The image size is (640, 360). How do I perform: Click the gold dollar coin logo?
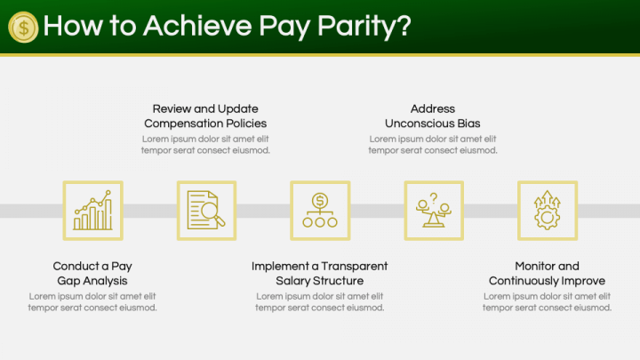coord(23,27)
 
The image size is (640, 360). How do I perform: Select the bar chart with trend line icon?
coord(92,211)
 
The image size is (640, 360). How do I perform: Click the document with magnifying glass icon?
coord(206,211)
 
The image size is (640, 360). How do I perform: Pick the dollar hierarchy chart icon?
coord(320,211)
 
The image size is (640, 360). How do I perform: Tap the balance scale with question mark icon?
coord(434,211)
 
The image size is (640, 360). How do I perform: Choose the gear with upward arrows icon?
coord(548,211)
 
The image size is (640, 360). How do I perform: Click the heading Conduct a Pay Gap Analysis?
coord(92,273)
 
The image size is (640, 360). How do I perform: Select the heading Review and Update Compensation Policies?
coord(205,116)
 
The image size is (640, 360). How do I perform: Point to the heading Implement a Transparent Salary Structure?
coord(320,273)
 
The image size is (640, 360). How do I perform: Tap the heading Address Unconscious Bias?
coord(433,116)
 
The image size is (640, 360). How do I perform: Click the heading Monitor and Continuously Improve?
coord(547,273)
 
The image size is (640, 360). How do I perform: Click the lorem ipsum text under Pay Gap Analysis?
coord(92,302)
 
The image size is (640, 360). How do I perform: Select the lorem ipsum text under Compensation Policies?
coord(205,145)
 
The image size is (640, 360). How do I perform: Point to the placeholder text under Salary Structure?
coord(320,302)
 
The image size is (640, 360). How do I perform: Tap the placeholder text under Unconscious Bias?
coord(433,145)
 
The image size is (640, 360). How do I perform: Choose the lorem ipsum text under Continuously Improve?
coord(547,302)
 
